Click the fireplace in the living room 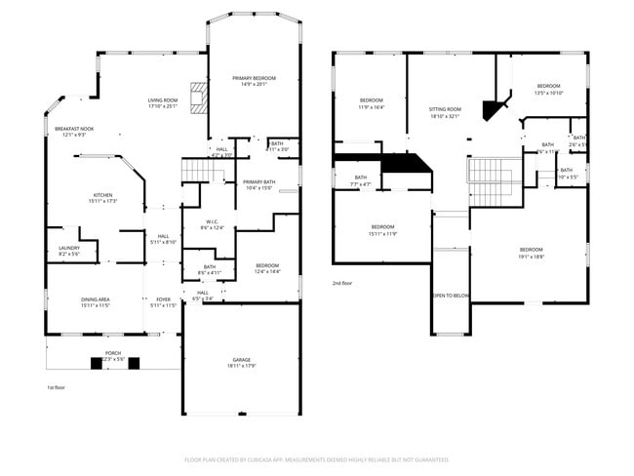pos(200,99)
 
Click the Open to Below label pos(451,296)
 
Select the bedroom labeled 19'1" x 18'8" pos(531,253)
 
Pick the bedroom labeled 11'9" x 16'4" pos(372,104)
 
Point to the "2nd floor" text pos(341,282)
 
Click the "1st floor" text pos(56,387)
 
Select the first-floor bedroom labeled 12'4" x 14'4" pos(267,267)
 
